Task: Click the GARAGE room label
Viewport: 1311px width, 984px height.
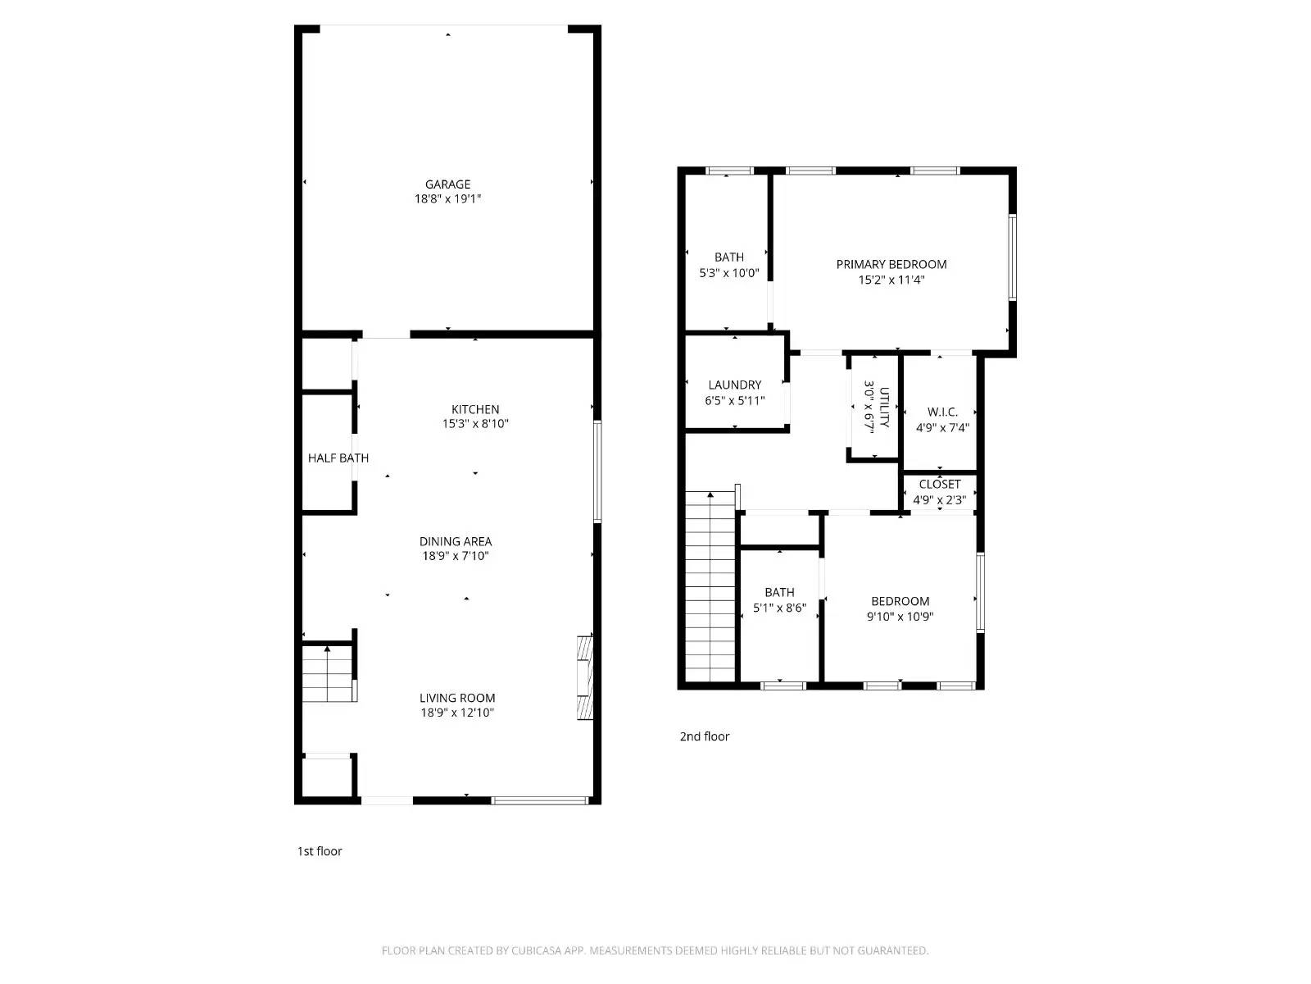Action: click(447, 184)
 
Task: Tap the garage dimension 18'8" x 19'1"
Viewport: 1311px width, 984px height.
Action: click(447, 199)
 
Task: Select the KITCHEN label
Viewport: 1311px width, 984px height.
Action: click(475, 409)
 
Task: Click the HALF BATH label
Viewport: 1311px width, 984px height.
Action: click(338, 458)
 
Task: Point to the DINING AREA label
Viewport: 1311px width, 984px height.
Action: click(456, 541)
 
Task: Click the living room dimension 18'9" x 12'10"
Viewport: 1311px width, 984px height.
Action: click(457, 713)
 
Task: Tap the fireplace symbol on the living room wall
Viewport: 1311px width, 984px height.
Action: click(584, 676)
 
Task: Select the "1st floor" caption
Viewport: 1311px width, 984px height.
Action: click(320, 851)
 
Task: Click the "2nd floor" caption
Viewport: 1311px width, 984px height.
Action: click(704, 736)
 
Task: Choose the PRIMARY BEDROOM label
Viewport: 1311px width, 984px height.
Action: click(891, 264)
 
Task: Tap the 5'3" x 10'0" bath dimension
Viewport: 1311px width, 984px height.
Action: click(728, 273)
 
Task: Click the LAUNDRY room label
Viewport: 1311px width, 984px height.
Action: click(734, 385)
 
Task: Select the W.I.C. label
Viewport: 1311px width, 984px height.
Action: click(942, 412)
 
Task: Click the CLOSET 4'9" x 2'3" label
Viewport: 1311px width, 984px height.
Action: click(939, 492)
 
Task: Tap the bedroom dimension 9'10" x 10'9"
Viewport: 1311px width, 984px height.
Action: click(900, 617)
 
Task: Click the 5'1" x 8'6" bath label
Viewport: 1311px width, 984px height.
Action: click(779, 600)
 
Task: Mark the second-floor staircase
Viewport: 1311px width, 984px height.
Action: click(710, 587)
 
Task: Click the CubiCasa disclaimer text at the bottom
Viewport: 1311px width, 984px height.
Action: click(655, 950)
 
